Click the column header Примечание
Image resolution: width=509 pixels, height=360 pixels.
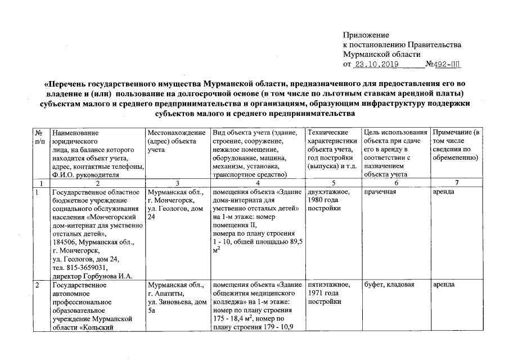click(454, 131)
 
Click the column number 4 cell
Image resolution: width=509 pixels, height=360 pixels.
click(258, 183)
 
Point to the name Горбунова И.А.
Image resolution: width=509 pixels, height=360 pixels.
click(109, 276)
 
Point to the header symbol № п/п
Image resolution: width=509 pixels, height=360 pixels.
click(39, 136)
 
